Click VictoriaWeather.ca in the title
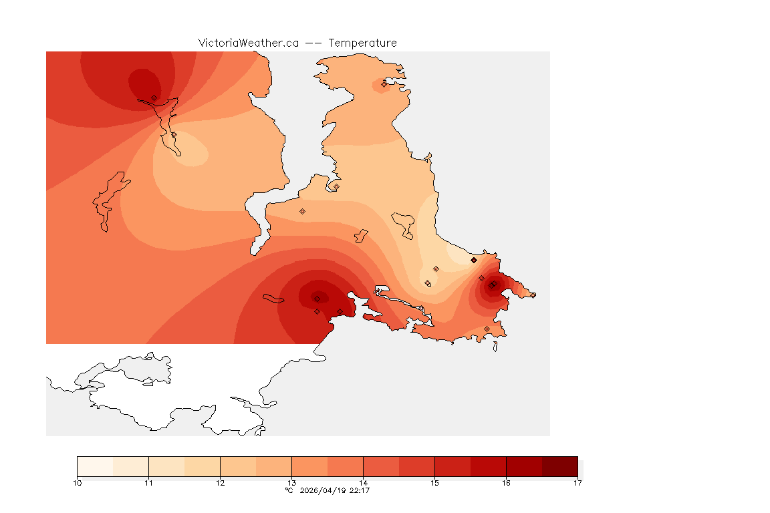pyautogui.click(x=248, y=43)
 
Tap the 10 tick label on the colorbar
pyautogui.click(x=78, y=483)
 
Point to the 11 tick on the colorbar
pyautogui.click(x=148, y=483)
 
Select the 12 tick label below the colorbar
pyautogui.click(x=220, y=483)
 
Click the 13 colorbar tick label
pyautogui.click(x=291, y=483)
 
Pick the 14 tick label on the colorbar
pyautogui.click(x=363, y=483)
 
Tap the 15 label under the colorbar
pyautogui.click(x=434, y=483)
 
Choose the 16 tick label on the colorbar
pyautogui.click(x=506, y=483)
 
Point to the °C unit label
pyautogui.click(x=289, y=490)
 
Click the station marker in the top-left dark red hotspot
pyautogui.click(x=154, y=98)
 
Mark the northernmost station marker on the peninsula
pyautogui.click(x=384, y=84)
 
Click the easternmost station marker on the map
pyautogui.click(x=533, y=295)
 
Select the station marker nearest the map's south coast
pyautogui.click(x=487, y=329)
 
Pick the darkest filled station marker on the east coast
pyautogui.click(x=474, y=260)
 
